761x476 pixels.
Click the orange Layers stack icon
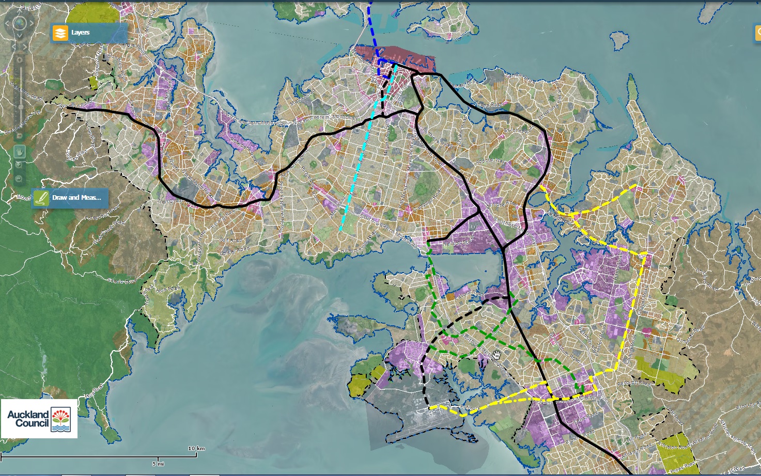[60, 33]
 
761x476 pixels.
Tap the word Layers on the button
[81, 33]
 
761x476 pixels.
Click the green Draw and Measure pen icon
[41, 198]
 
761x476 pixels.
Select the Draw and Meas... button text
[76, 198]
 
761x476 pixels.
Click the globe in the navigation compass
[20, 23]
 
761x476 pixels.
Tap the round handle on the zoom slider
[21, 107]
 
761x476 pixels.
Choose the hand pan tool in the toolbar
[20, 152]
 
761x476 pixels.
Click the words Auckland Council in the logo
[28, 418]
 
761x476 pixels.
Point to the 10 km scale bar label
[196, 448]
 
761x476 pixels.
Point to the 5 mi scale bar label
[158, 463]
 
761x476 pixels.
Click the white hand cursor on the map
[497, 355]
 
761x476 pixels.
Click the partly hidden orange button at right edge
[757, 32]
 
